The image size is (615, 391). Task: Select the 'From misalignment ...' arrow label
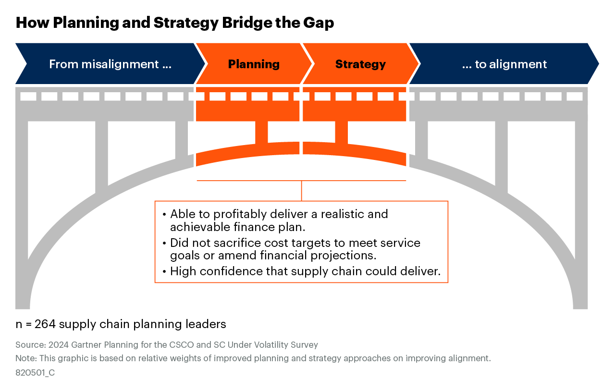point(110,64)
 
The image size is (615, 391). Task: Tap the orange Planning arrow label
point(254,64)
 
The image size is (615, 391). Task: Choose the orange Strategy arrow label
point(360,64)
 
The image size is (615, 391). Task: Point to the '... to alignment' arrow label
point(504,64)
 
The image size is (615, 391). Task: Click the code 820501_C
point(35,372)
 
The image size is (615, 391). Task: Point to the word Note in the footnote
point(25,358)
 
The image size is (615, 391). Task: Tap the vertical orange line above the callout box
point(301,191)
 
